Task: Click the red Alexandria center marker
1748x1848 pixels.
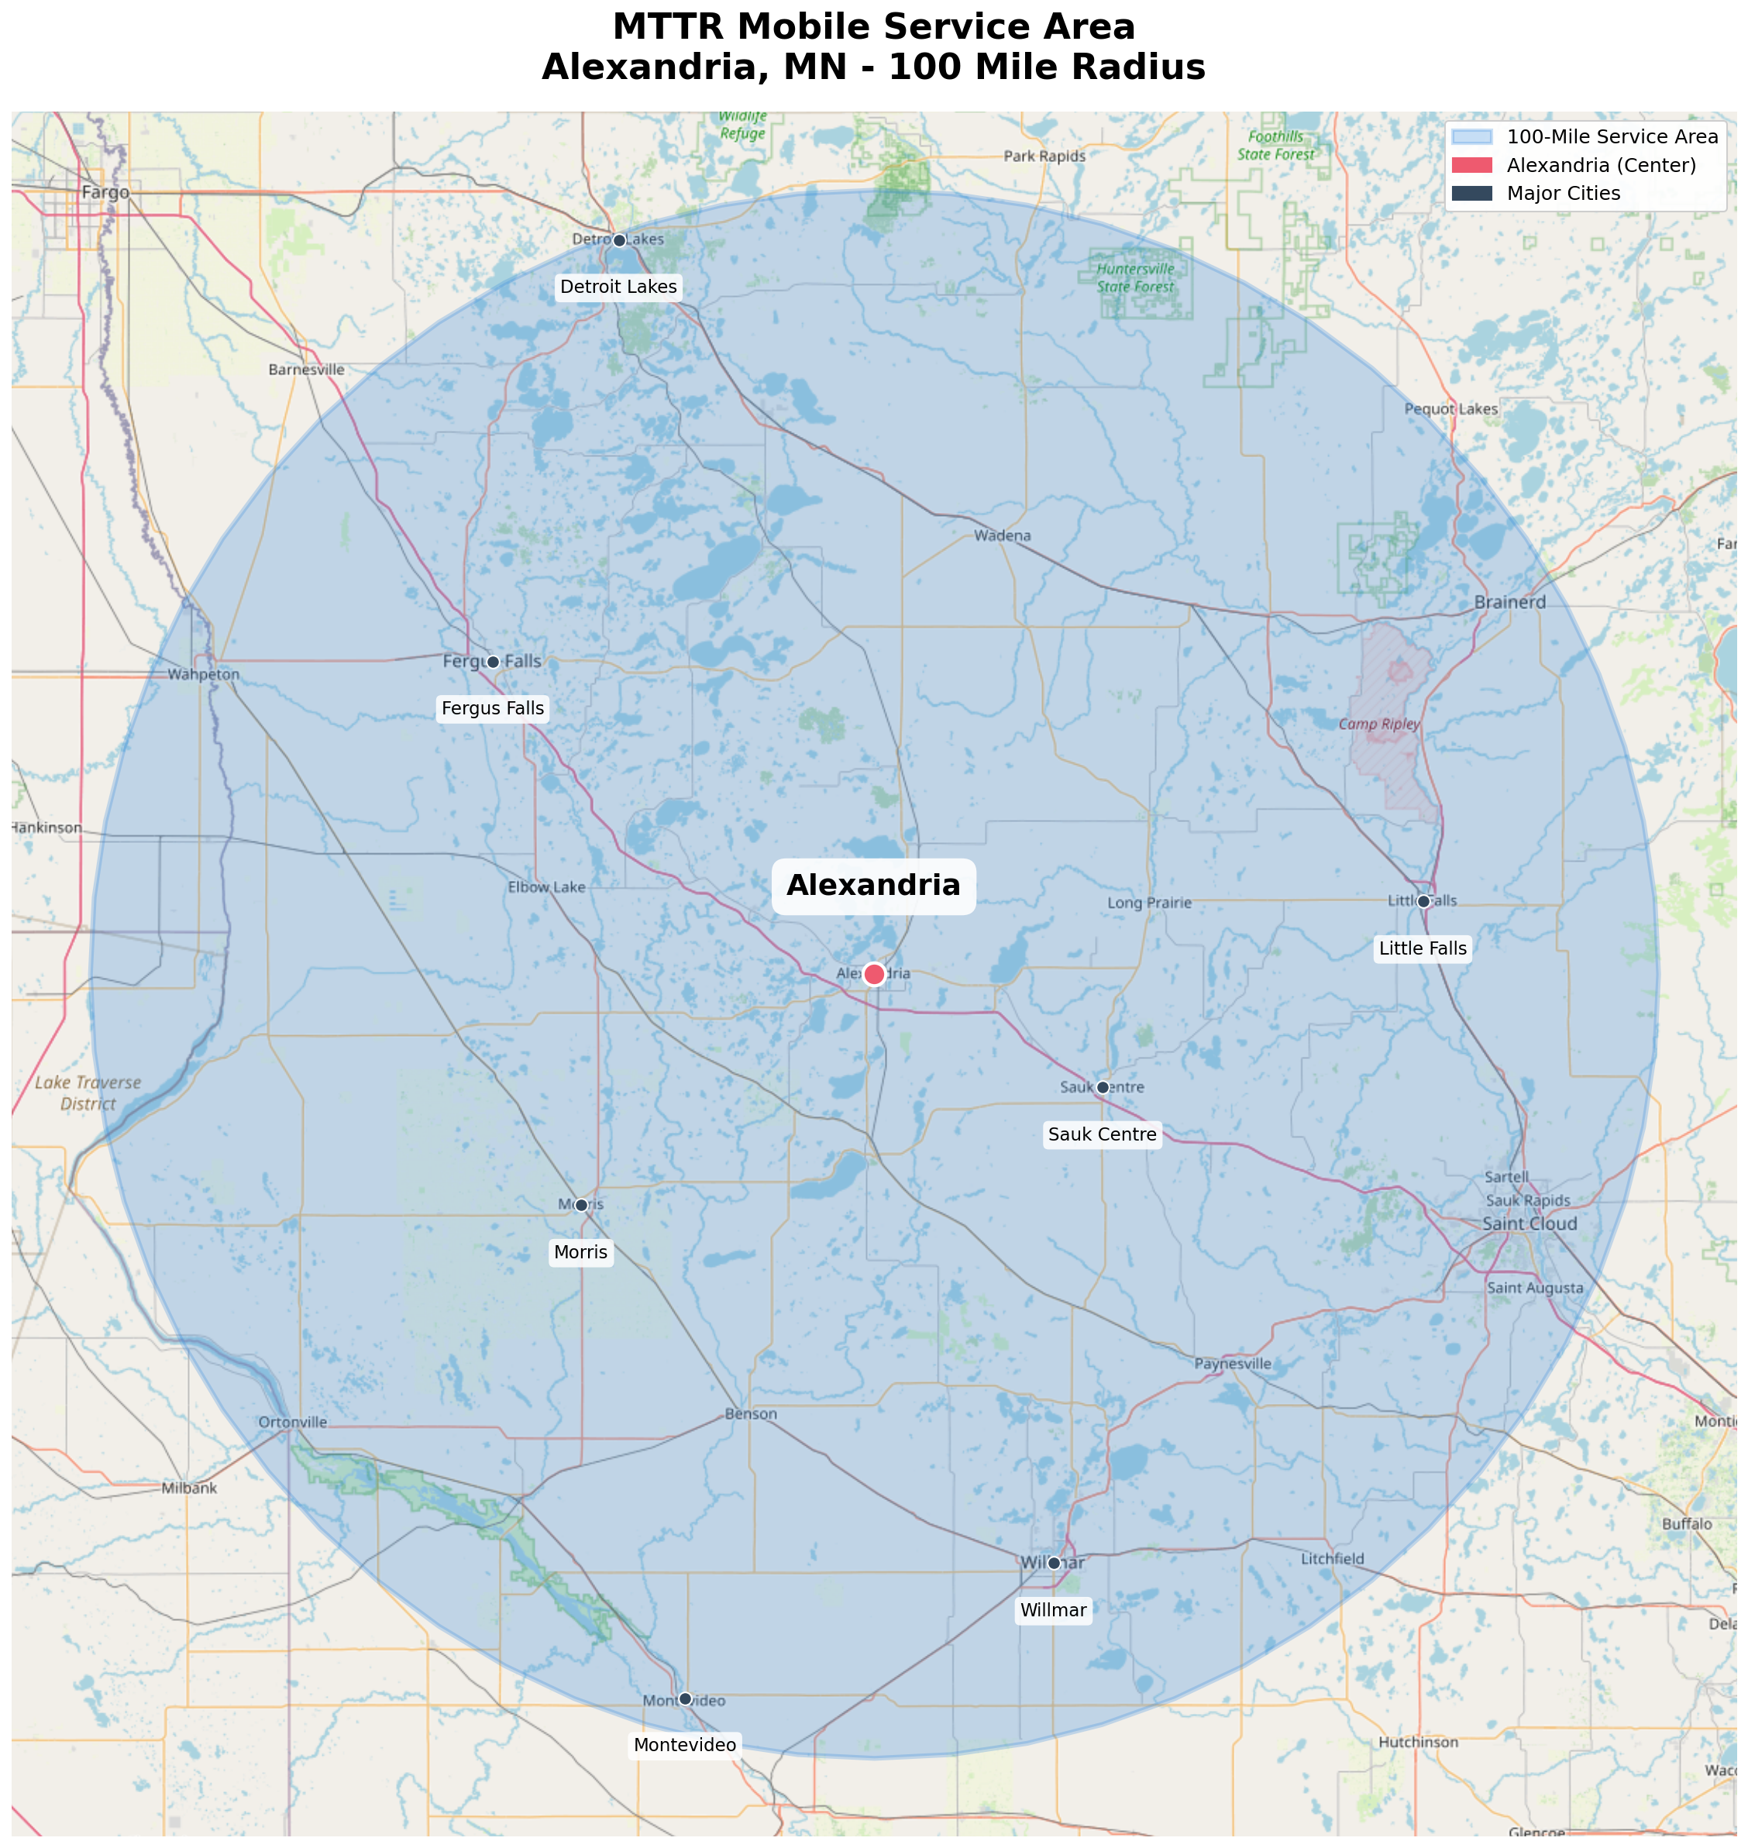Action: click(x=873, y=974)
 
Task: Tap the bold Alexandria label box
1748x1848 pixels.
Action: click(x=873, y=886)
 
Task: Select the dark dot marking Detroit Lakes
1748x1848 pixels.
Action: click(x=618, y=240)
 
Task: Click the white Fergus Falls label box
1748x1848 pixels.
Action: click(x=492, y=708)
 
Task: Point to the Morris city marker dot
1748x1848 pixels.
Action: click(x=580, y=1205)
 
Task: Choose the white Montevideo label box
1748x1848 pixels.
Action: click(x=685, y=1744)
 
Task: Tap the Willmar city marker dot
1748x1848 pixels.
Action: click(x=1054, y=1563)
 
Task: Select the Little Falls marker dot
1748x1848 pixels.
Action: click(x=1423, y=901)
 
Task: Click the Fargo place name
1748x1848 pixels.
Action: click(x=105, y=193)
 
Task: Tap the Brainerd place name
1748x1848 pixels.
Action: click(x=1509, y=602)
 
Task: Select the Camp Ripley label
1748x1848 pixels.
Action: click(x=1379, y=724)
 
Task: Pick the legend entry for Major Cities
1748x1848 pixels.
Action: click(x=1564, y=193)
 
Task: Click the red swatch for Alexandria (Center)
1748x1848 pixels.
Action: click(x=1471, y=165)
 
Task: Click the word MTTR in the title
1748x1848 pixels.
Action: click(x=668, y=26)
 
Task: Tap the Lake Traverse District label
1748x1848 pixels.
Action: click(x=88, y=1093)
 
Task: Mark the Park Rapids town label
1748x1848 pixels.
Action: click(x=1044, y=157)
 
